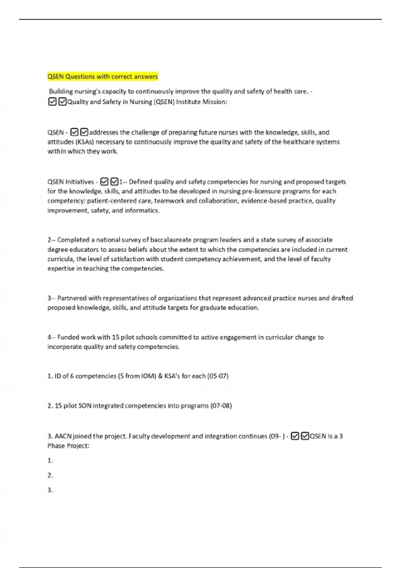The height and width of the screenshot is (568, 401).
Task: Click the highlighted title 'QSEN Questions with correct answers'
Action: click(x=103, y=77)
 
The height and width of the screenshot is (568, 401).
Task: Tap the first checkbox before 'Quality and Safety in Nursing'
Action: click(x=52, y=102)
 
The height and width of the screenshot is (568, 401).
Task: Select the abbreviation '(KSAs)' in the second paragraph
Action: click(x=85, y=142)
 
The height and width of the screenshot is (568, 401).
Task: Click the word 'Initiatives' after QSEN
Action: click(x=80, y=182)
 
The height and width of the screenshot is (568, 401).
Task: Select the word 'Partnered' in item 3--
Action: click(x=71, y=298)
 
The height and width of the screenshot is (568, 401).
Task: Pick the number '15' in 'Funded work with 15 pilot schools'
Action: click(x=116, y=337)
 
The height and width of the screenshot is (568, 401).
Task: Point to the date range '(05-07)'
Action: click(x=218, y=376)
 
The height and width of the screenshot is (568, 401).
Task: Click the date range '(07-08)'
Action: click(x=221, y=406)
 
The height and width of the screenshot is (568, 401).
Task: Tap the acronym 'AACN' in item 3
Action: click(x=63, y=436)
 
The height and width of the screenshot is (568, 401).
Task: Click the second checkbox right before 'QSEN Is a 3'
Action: click(x=305, y=436)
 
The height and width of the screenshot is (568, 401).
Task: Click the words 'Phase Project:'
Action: click(x=69, y=446)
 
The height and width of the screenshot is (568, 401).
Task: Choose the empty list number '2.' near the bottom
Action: click(x=50, y=475)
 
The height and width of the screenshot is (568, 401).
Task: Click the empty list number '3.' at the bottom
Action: click(x=50, y=490)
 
